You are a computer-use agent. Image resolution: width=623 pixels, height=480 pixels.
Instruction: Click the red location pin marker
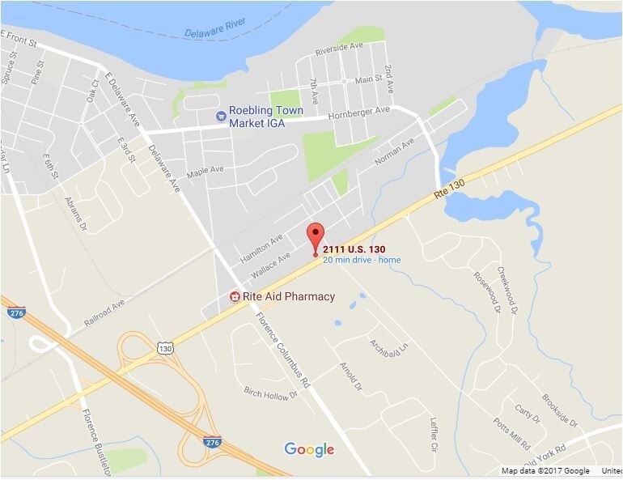click(315, 235)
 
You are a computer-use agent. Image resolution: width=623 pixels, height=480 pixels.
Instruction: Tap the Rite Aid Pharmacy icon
click(235, 296)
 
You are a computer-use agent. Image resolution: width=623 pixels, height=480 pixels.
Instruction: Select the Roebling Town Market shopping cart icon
click(220, 116)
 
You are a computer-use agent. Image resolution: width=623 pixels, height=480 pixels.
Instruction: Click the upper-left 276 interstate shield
click(18, 312)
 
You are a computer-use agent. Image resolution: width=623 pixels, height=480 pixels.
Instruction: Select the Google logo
click(309, 450)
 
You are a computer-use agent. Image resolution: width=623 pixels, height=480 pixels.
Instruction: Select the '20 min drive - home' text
click(362, 260)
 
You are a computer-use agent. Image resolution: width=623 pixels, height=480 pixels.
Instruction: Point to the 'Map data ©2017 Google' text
click(545, 471)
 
